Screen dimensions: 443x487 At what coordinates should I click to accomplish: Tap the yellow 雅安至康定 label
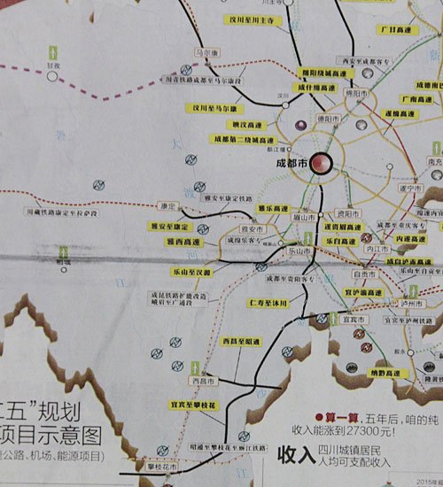coord(168,227)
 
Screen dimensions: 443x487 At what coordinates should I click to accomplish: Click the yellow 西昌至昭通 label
coord(240,341)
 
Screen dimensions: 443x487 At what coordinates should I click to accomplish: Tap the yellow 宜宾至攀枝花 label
coord(192,404)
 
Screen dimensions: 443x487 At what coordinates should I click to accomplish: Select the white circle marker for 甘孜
coord(54,76)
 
